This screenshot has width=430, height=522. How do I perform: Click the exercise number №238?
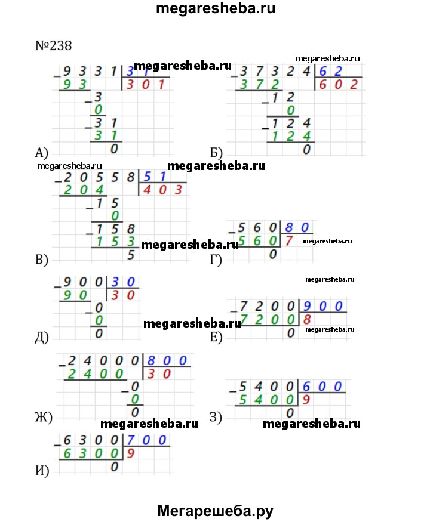[x=54, y=46]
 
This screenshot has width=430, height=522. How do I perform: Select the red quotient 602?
[x=337, y=85]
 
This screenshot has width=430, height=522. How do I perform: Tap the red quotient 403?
[x=161, y=190]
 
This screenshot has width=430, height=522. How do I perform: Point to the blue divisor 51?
[x=153, y=176]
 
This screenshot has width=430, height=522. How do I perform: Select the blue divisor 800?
[x=169, y=360]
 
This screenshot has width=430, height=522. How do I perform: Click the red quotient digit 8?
[x=308, y=321]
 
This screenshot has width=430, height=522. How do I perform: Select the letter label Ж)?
[x=44, y=418]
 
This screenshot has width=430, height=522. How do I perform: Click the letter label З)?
[x=216, y=418]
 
